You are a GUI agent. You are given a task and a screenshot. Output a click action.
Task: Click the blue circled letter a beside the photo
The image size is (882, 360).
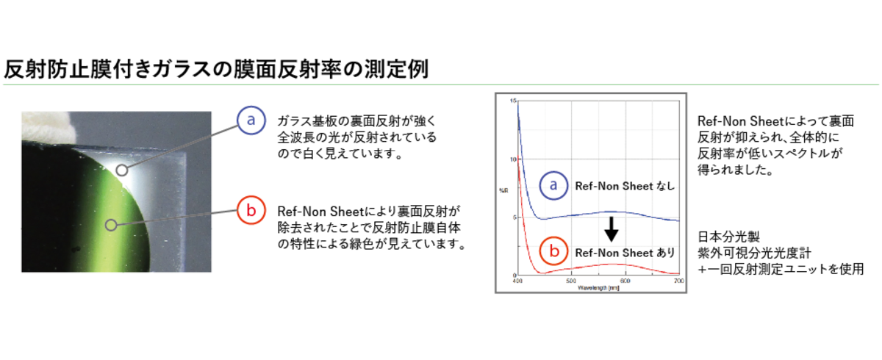tap(251, 120)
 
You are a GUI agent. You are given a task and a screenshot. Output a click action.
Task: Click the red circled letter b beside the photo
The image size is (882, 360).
tap(251, 210)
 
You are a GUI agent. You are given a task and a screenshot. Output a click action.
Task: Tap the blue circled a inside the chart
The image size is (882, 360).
tap(553, 185)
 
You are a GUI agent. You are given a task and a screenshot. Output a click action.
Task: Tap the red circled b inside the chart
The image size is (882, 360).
tap(553, 251)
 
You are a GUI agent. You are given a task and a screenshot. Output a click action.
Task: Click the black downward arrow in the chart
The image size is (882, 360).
tap(611, 229)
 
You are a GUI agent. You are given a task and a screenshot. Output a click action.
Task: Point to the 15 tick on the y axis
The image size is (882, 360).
tap(513, 101)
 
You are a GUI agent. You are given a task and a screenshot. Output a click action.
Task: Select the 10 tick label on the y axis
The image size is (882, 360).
tap(513, 159)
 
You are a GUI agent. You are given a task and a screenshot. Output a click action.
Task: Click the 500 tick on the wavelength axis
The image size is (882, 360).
tap(571, 281)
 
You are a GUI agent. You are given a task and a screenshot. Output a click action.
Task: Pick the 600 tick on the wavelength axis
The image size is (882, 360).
tap(625, 281)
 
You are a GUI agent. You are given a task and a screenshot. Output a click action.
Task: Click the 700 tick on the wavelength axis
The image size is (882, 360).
tap(679, 281)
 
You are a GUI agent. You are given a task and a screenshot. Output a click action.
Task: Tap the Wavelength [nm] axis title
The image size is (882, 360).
tap(598, 288)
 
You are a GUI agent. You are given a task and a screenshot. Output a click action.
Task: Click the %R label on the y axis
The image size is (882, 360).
tap(503, 191)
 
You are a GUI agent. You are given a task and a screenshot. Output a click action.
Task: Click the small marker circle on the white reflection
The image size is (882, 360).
tap(122, 170)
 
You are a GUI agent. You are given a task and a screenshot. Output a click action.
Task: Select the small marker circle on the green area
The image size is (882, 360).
tap(111, 225)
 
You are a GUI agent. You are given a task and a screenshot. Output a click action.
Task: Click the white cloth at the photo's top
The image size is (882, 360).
tap(47, 126)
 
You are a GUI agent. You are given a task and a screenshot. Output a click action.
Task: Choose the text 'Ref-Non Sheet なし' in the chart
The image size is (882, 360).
tap(625, 186)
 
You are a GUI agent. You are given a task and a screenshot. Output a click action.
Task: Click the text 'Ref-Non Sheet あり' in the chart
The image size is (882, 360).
tap(625, 253)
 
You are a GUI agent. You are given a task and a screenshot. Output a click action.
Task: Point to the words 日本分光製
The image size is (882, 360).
tap(729, 237)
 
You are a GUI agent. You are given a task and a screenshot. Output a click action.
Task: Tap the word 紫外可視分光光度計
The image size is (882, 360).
tap(754, 253)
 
